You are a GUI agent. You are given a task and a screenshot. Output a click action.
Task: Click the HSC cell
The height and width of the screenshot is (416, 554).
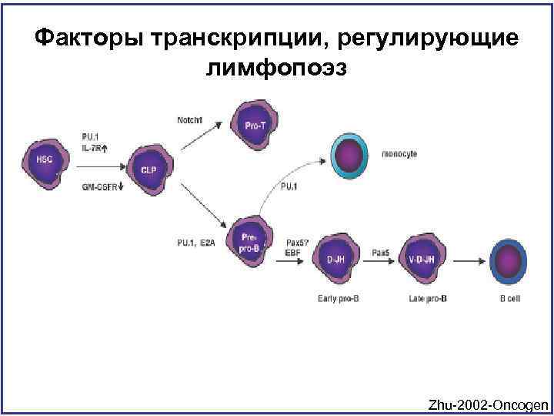46,160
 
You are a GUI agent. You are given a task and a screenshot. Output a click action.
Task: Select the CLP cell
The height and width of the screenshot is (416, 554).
148,166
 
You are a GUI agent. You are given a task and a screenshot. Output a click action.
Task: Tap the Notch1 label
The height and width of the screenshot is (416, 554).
189,120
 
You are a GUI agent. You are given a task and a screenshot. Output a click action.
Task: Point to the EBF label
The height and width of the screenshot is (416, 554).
293,251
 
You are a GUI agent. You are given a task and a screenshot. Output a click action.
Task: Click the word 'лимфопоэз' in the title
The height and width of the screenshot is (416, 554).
277,69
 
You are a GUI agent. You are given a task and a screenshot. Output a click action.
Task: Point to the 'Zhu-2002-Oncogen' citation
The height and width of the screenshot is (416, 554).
489,404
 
